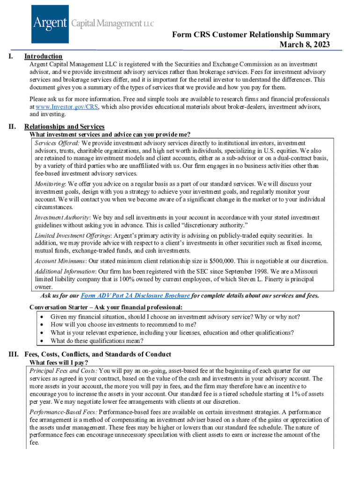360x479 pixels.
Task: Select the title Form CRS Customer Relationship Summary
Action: [x=251, y=35]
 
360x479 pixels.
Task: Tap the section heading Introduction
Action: [x=43, y=56]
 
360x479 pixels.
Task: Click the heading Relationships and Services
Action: [x=64, y=127]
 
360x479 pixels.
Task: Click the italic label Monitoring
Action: [x=50, y=184]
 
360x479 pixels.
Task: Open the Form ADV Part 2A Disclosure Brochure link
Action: [x=135, y=296]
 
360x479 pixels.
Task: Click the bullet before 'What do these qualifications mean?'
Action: [x=43, y=341]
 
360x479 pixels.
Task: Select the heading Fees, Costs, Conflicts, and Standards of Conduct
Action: [x=97, y=354]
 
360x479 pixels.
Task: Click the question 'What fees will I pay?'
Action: [x=59, y=363]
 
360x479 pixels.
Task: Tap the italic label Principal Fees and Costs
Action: [x=63, y=371]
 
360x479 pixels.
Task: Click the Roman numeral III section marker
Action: [x=14, y=354]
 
